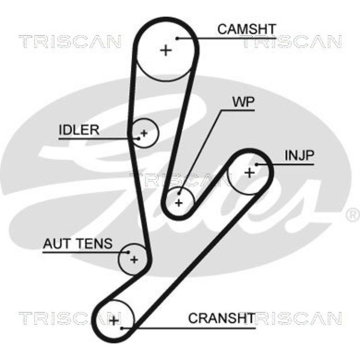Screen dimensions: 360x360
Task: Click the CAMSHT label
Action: click(246, 29)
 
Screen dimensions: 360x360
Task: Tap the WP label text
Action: click(243, 103)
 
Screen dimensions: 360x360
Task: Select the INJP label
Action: click(299, 156)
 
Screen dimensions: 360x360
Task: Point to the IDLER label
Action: click(79, 130)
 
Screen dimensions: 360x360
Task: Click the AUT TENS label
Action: click(77, 244)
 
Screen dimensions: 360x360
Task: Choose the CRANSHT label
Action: click(221, 318)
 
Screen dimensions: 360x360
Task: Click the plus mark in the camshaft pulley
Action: click(166, 50)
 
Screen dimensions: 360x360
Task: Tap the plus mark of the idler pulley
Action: click(144, 133)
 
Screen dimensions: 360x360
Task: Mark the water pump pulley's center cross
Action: click(179, 203)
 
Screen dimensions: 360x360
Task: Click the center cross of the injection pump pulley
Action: click(249, 172)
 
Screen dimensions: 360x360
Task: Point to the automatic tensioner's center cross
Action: click(134, 259)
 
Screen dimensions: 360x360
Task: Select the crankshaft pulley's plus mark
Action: click(114, 320)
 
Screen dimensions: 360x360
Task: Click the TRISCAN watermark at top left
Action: click(70, 42)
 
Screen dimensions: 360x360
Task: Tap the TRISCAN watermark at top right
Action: click(292, 42)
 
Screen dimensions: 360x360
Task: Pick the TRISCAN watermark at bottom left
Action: click(70, 319)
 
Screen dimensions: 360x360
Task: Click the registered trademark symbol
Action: click(351, 215)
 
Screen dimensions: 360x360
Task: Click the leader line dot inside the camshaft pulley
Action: click(178, 38)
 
